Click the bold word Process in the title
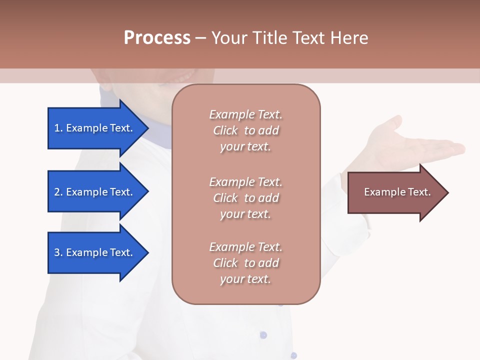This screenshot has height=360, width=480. coord(157,37)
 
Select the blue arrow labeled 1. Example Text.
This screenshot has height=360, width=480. coord(95,128)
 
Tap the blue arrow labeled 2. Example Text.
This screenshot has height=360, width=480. coord(95,192)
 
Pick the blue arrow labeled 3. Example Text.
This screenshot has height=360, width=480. coord(95,252)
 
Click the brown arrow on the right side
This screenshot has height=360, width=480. coord(395,192)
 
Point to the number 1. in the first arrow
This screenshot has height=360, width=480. coord(58,128)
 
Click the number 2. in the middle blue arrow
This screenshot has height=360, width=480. coord(58,192)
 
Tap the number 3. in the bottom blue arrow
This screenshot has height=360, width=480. coord(58,252)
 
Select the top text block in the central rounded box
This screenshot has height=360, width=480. coord(245,130)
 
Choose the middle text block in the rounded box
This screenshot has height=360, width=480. coord(245,197)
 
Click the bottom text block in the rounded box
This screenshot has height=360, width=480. coord(245,263)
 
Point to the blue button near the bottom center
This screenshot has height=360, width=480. coord(263,335)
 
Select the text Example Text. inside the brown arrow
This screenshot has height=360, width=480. coord(397,192)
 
